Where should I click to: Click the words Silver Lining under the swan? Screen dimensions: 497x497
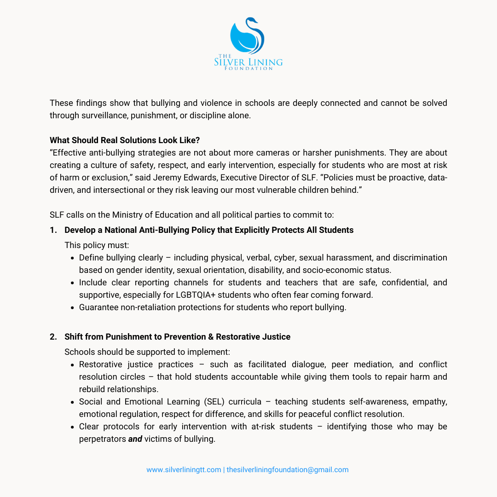pos(248,62)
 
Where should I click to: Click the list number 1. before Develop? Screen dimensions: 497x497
pos(53,230)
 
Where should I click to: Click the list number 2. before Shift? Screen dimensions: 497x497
pos(53,337)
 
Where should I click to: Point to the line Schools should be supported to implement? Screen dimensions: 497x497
pos(147,352)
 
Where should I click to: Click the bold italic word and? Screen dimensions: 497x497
pos(135,439)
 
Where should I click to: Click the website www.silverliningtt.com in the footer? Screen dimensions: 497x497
pos(184,470)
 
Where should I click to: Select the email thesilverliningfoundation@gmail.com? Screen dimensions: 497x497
pos(288,470)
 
